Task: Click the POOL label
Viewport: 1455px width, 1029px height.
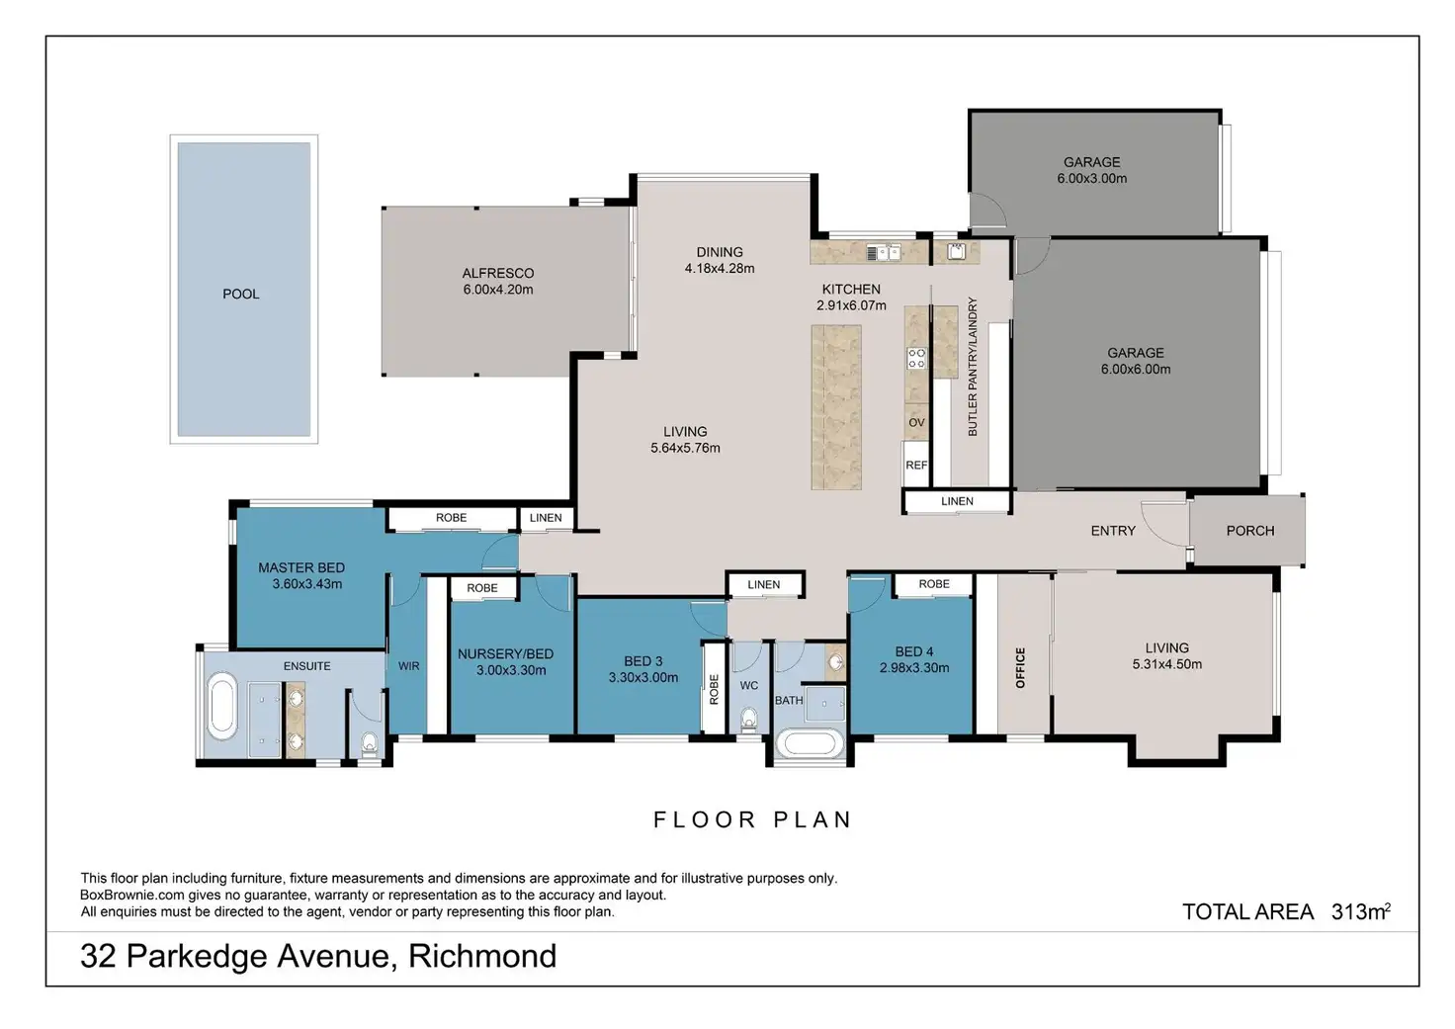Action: click(241, 295)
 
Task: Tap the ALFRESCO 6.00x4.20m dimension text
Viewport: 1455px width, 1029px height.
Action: click(498, 290)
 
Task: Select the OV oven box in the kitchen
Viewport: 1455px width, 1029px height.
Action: click(916, 422)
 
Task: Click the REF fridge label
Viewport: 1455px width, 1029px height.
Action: click(916, 466)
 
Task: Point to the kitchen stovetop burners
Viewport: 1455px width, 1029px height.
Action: click(916, 358)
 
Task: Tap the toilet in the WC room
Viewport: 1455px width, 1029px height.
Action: click(749, 720)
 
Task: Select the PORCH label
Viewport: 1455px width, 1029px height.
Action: click(1250, 531)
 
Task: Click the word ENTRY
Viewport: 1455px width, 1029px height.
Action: click(1113, 531)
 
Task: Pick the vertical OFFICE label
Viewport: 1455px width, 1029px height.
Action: click(1020, 668)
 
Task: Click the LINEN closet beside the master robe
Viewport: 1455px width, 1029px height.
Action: click(546, 518)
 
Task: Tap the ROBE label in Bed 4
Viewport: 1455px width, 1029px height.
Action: click(934, 584)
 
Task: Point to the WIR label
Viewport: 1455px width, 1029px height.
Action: click(408, 666)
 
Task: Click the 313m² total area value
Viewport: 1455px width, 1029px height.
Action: click(1361, 911)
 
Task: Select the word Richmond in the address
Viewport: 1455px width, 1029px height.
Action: click(482, 956)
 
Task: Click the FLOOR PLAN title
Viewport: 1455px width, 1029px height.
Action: click(752, 819)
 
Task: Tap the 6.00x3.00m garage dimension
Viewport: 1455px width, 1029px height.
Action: click(1092, 179)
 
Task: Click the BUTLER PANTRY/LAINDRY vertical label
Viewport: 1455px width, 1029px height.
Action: click(973, 367)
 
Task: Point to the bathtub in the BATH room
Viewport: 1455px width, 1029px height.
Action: click(809, 743)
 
